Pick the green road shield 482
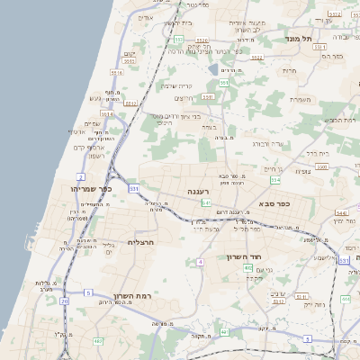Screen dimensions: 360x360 (x=98, y=342)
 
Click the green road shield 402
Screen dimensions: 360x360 (x=247, y=268)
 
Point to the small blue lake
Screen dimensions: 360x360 (x=213, y=67)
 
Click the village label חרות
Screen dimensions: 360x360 (x=289, y=70)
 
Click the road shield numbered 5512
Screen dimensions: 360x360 (x=131, y=103)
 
